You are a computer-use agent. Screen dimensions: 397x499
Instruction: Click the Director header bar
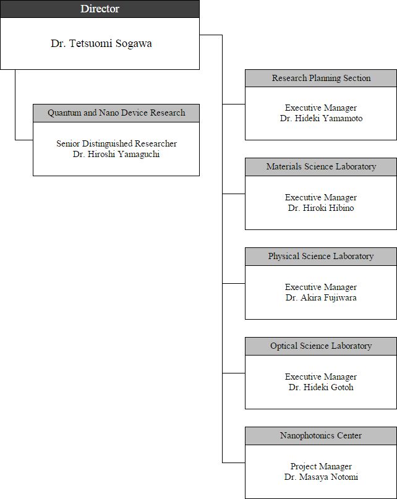pos(100,9)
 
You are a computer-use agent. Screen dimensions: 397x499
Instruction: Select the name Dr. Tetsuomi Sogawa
pos(101,43)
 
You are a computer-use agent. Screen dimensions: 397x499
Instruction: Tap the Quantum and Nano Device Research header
pos(116,113)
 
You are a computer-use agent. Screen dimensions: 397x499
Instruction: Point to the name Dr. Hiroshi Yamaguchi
pos(116,155)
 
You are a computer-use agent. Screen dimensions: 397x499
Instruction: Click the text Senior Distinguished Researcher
pos(116,144)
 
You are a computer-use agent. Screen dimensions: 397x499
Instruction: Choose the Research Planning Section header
pos(321,79)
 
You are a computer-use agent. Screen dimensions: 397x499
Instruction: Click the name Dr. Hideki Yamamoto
pos(321,118)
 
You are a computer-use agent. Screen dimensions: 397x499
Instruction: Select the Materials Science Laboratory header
pos(321,167)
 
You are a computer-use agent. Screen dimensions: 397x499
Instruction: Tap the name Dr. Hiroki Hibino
pos(321,208)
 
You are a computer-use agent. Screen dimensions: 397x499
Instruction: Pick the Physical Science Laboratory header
pos(321,257)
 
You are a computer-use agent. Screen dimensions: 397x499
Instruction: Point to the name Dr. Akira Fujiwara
pos(321,298)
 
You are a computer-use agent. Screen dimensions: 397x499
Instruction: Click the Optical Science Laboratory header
pos(321,346)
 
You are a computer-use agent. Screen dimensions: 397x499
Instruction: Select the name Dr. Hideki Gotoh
pos(321,387)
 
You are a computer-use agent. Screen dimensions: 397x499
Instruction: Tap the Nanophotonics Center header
pos(321,436)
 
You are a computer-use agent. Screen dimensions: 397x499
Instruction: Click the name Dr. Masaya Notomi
pos(321,477)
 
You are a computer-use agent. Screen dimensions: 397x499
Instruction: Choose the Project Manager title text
pos(321,467)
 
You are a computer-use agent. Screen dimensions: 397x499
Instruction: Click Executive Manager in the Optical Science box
pos(321,377)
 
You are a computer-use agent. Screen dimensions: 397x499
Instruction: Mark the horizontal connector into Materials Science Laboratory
pos(234,194)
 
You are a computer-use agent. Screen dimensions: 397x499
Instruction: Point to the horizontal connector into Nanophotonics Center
pos(234,463)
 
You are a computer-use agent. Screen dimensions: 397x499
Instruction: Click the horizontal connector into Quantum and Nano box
pos(24,140)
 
